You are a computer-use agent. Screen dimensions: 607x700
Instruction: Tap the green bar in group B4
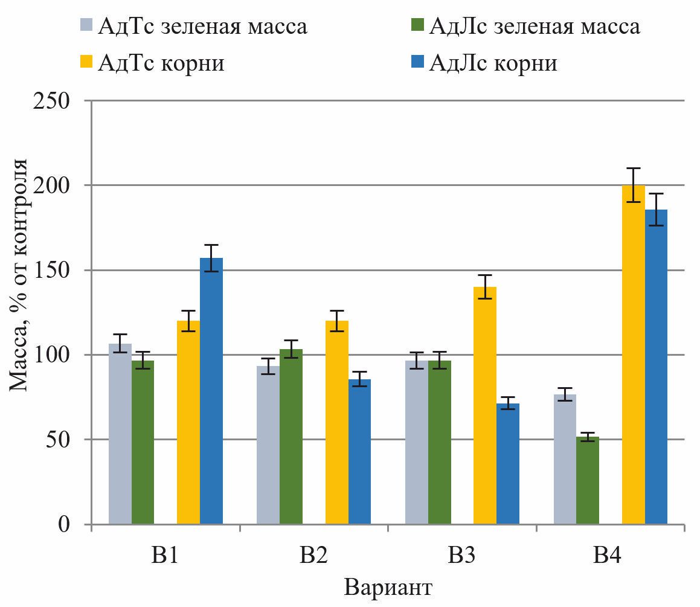click(x=588, y=480)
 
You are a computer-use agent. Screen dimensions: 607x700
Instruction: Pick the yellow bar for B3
click(x=485, y=405)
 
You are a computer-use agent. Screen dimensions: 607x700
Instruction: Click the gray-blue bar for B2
click(x=268, y=445)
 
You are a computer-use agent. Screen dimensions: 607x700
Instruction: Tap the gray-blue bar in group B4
click(x=565, y=459)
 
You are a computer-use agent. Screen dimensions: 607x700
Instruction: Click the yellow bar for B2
click(x=337, y=422)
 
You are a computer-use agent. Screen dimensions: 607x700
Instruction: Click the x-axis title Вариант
click(x=388, y=587)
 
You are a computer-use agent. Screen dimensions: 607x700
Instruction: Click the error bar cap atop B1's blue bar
click(x=211, y=245)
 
